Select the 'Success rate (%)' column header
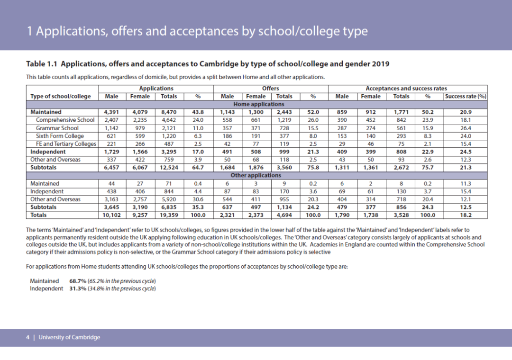[466, 96]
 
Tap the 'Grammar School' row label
[57, 128]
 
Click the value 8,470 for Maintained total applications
[169, 112]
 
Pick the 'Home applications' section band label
[258, 104]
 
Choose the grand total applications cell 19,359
[169, 215]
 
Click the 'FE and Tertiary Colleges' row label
[66, 144]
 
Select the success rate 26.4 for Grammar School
[466, 128]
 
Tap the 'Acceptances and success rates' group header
[406, 88]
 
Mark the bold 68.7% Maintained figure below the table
[78, 281]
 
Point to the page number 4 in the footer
[27, 337]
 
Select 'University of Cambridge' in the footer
[69, 337]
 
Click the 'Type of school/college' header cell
[60, 96]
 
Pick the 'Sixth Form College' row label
[60, 136]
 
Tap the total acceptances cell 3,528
[401, 215]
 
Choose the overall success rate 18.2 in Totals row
[466, 215]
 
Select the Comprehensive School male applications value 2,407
[111, 120]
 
